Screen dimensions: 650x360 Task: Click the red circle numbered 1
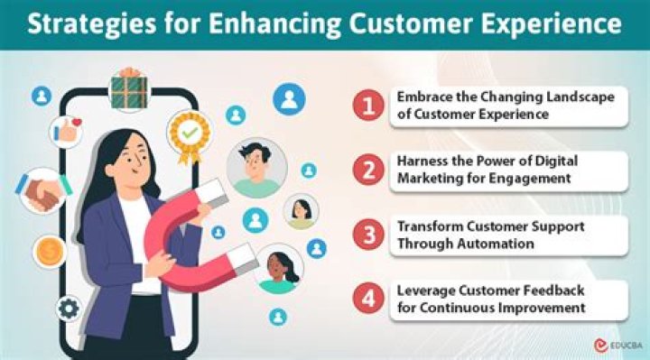368,106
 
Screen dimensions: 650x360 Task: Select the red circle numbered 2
368,170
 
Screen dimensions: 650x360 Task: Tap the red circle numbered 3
368,235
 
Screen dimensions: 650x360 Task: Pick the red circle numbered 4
368,299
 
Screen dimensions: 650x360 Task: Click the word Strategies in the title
92,24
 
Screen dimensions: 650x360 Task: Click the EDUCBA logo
618,345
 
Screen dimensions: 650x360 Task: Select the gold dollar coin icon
50,252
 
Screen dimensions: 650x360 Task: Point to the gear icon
69,309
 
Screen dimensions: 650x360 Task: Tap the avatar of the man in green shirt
257,168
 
